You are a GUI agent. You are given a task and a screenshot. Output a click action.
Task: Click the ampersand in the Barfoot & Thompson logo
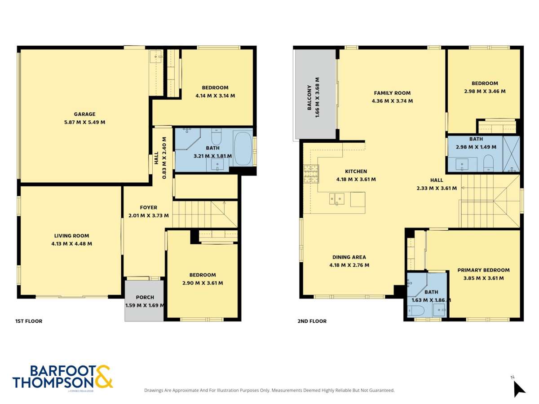103,377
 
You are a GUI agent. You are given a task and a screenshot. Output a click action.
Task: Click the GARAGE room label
84,114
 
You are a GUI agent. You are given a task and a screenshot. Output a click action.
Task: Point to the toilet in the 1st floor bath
216,136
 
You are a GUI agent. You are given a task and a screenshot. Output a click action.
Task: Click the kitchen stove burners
311,175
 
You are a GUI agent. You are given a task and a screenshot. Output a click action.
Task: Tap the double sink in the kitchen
337,198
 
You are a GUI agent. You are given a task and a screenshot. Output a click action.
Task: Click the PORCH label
145,297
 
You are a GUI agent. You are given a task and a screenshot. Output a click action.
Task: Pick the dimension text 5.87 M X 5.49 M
84,122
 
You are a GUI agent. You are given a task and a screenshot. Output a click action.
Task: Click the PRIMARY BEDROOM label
483,270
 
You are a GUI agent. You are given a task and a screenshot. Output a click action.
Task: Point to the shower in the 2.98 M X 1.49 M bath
511,154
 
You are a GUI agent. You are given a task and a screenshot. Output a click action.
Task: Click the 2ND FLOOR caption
312,321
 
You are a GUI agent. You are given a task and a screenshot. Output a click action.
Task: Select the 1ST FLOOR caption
29,321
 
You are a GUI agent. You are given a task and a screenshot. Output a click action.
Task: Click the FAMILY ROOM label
392,93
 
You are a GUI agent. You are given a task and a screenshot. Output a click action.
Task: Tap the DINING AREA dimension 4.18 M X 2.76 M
349,265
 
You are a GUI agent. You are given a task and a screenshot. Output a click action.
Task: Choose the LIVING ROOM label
71,236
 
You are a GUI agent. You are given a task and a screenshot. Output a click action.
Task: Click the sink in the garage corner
156,57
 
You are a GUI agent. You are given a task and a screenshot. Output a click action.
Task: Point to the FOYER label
148,207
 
